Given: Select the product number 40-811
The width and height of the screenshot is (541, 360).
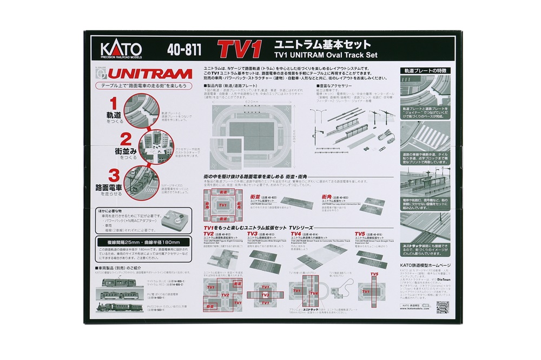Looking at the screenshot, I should point(184,50).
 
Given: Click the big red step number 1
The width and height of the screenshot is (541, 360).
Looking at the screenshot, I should point(114,103).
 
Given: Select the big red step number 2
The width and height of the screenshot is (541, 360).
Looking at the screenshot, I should point(126,139).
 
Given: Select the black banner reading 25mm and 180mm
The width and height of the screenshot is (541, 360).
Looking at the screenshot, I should point(142,242).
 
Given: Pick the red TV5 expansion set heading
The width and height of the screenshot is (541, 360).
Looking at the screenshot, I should point(361,234).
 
